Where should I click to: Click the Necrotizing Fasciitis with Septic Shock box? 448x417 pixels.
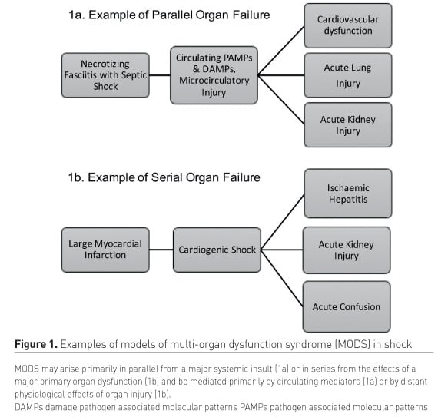pyautogui.click(x=105, y=75)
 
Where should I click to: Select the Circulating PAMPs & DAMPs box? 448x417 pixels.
pyautogui.click(x=214, y=75)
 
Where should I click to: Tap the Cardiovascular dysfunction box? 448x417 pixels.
pyautogui.click(x=348, y=25)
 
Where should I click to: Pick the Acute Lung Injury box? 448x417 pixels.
pyautogui.click(x=348, y=75)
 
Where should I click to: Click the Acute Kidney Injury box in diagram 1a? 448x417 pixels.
pyautogui.click(x=348, y=125)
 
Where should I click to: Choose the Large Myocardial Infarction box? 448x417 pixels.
pyautogui.click(x=105, y=250)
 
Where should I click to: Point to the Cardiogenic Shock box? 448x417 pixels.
pyautogui.click(x=217, y=250)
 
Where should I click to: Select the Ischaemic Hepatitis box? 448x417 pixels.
pyautogui.click(x=348, y=194)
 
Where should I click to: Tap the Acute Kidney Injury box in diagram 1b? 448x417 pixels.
pyautogui.click(x=347, y=250)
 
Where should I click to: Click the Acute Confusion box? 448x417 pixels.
pyautogui.click(x=347, y=306)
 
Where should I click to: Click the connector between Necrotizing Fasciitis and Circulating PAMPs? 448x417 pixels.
pyautogui.click(x=160, y=75)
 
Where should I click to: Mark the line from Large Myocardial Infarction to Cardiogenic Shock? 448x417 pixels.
pyautogui.click(x=161, y=250)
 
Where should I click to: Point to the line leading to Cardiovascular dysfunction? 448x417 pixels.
pyautogui.click(x=281, y=51)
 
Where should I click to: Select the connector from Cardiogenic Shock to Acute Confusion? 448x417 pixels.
pyautogui.click(x=282, y=278)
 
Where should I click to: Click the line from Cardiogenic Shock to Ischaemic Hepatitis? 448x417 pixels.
pyautogui.click(x=283, y=222)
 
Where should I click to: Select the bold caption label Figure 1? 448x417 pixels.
pyautogui.click(x=36, y=344)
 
